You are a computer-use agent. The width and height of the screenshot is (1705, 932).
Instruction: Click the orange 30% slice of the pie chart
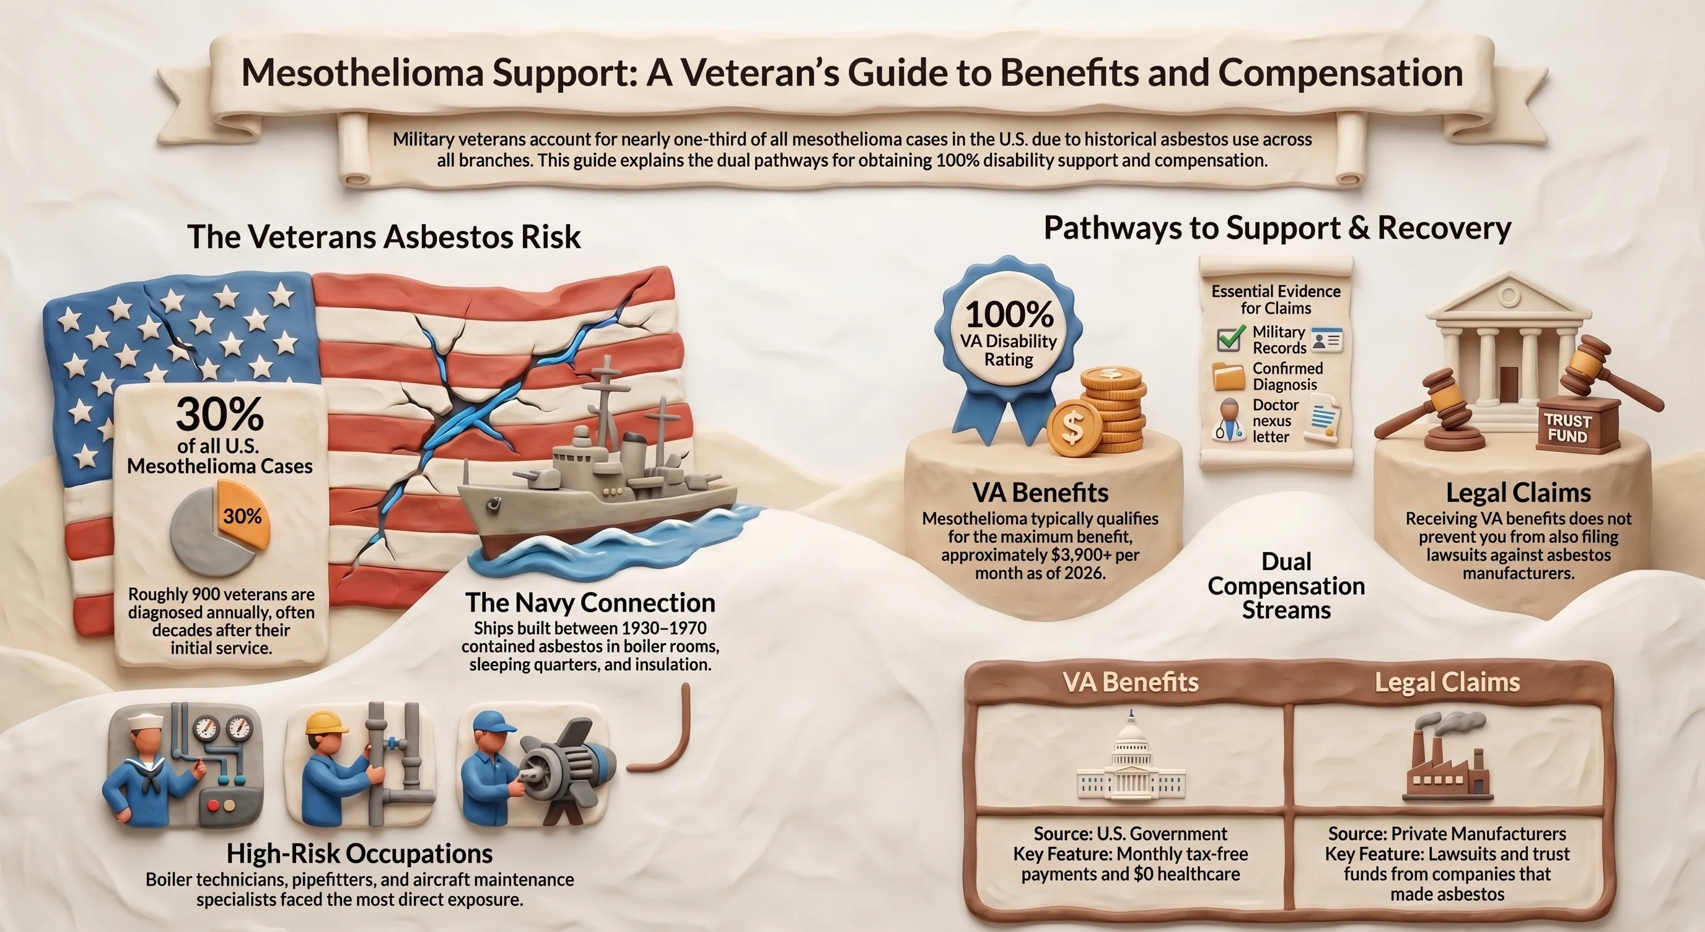tap(244, 513)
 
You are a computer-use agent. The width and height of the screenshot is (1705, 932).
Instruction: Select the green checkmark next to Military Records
tap(1230, 339)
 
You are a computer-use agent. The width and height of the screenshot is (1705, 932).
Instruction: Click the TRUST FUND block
tap(1567, 429)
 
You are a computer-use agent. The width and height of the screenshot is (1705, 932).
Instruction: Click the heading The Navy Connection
tap(590, 602)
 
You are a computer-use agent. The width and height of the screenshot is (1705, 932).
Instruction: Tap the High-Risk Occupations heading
tap(359, 853)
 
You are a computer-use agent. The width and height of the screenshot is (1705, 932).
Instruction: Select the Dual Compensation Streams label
tap(1286, 586)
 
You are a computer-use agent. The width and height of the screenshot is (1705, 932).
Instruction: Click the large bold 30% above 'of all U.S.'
tap(220, 415)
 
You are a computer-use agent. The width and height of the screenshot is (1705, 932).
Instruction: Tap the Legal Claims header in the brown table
tap(1447, 682)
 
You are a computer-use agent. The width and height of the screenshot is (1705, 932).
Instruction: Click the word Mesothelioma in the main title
tap(362, 74)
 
